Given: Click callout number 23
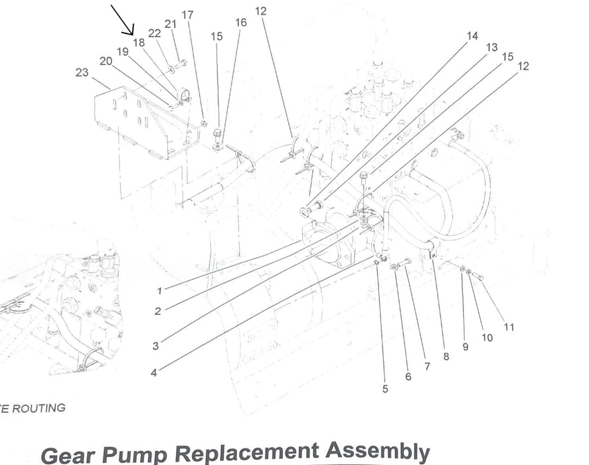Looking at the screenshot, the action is [x=82, y=72].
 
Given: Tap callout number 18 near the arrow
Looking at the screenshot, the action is [x=139, y=43].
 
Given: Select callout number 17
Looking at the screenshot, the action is [x=187, y=15].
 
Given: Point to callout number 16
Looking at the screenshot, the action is [x=241, y=23].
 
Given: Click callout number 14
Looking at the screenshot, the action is [x=472, y=36].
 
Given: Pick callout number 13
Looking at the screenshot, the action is [x=491, y=47].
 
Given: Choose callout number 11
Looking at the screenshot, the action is [x=509, y=327].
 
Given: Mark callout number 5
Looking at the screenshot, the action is [x=385, y=389].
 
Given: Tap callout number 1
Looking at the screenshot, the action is [x=159, y=290].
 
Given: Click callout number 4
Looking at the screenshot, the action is [x=153, y=373].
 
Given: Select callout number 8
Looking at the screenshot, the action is [x=446, y=356].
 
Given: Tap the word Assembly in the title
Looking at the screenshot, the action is [x=378, y=452].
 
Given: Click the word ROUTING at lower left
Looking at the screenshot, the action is [x=39, y=408].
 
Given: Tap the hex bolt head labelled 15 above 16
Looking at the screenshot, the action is [x=216, y=133].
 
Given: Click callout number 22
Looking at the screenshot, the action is [x=154, y=33].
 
